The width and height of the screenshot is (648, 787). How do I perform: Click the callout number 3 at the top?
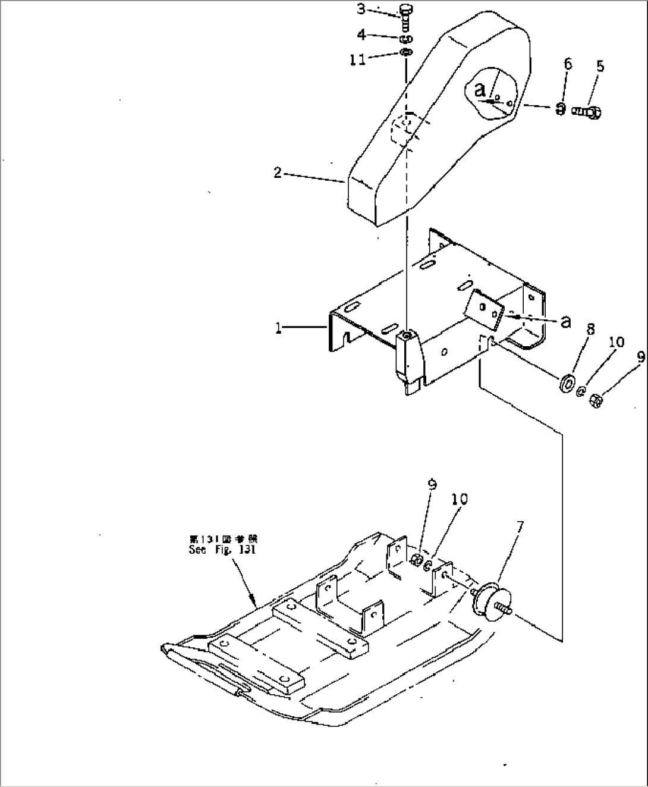[361, 9]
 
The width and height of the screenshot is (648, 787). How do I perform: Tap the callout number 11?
[357, 59]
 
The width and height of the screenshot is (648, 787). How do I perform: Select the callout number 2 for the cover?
[277, 173]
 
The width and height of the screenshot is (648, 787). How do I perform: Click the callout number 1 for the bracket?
[278, 328]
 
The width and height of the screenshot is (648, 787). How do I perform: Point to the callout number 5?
[600, 66]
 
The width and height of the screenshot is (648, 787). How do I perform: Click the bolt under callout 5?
[588, 111]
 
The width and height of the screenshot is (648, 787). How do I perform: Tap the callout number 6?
[568, 64]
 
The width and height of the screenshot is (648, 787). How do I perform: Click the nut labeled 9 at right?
[597, 401]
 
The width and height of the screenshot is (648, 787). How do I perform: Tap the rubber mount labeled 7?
[490, 602]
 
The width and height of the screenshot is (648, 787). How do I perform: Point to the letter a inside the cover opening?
[480, 90]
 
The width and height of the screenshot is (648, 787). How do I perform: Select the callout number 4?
[361, 35]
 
